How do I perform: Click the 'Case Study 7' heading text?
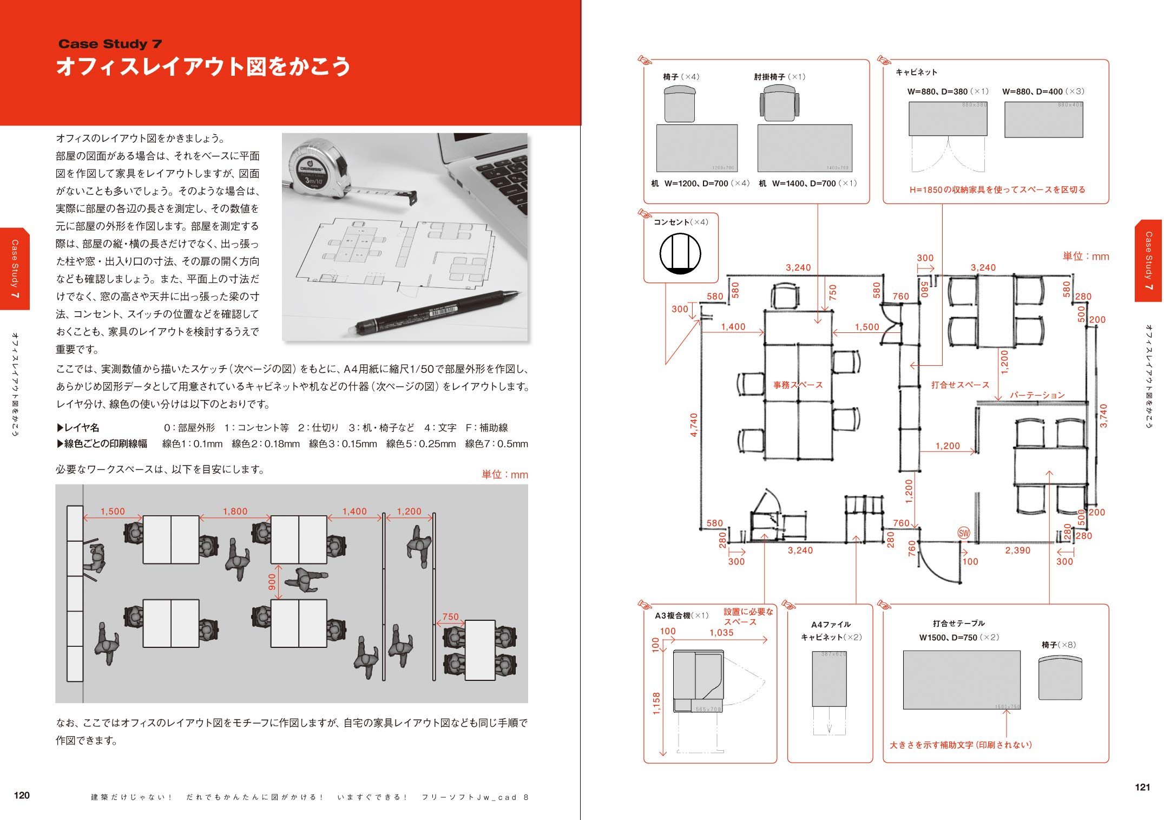click(110, 44)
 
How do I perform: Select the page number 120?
click(22, 795)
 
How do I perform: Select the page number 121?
click(1142, 787)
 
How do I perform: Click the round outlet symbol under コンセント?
click(680, 253)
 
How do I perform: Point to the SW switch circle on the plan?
click(964, 533)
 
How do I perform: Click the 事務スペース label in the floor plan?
click(798, 385)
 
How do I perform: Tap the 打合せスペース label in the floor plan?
click(960, 385)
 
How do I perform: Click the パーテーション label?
click(1037, 395)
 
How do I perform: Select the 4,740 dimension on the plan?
click(694, 425)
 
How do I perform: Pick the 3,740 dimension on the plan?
click(1103, 416)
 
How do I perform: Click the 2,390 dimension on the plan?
click(1017, 550)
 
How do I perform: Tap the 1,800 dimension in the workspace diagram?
click(235, 511)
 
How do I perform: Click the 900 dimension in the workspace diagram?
click(272, 582)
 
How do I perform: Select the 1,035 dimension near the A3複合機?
click(721, 633)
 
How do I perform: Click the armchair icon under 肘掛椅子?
click(779, 104)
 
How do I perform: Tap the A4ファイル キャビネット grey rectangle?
click(829, 679)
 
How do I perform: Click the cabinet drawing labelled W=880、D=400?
click(1043, 120)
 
